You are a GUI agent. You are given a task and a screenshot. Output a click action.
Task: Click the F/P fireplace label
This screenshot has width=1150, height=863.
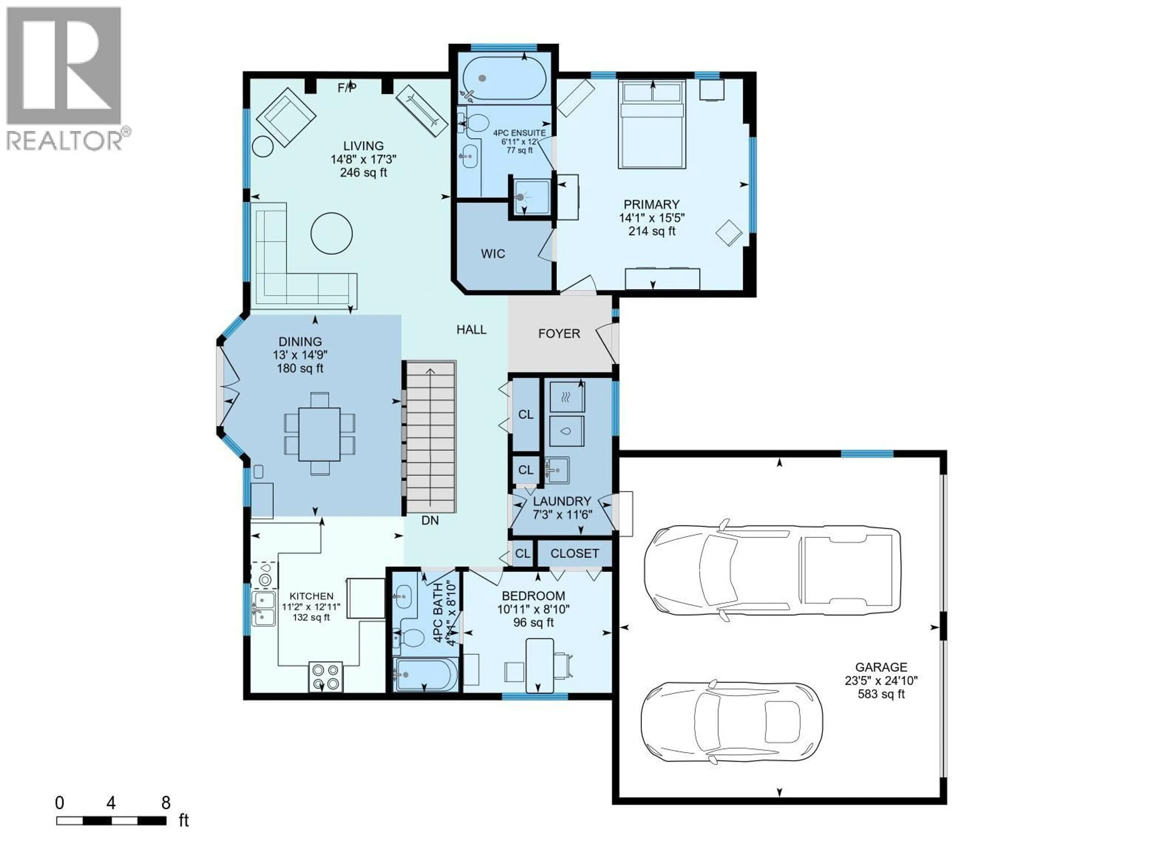[347, 87]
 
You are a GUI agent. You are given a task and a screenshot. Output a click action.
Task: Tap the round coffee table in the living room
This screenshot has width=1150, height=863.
[332, 233]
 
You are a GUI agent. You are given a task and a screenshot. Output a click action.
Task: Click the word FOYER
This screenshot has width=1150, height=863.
[559, 334]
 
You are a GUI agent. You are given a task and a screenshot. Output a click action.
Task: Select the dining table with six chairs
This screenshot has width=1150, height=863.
[319, 434]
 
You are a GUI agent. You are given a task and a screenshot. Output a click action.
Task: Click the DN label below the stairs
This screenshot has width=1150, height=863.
[430, 520]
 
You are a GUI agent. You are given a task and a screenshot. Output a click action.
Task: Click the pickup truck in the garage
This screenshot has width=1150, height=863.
[772, 570]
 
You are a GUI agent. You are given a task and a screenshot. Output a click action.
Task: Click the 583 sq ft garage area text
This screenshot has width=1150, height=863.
[881, 694]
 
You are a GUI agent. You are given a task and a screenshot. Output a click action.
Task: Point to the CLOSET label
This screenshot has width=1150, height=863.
[574, 553]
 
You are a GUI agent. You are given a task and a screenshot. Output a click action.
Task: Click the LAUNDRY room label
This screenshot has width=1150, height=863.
[562, 501]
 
